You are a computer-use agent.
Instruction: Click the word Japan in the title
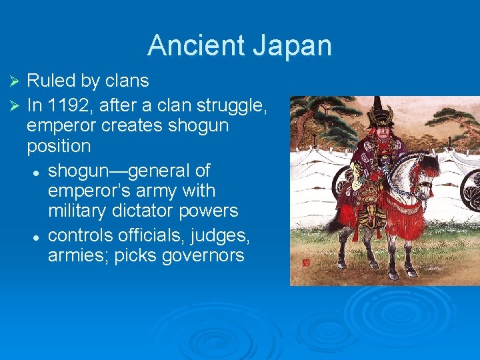pyautogui.click(x=293, y=46)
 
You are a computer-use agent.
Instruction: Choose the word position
pyautogui.click(x=59, y=146)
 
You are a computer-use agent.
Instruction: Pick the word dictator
pyautogui.click(x=159, y=211)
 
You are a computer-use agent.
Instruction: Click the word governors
pyautogui.click(x=203, y=255)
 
